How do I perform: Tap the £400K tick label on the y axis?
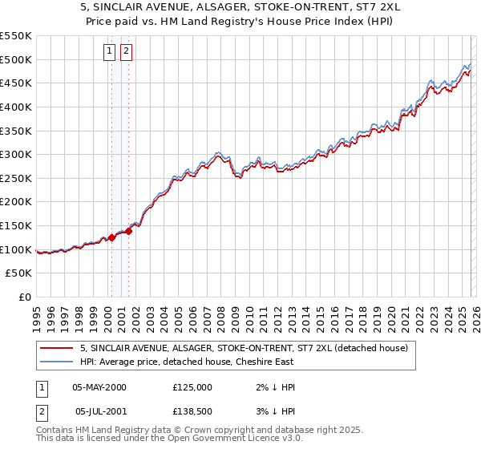tap(16, 107)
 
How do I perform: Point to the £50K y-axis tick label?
tap(19, 273)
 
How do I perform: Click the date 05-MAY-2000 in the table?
tap(99, 387)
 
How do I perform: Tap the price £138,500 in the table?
tap(192, 411)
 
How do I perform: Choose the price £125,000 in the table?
tap(192, 387)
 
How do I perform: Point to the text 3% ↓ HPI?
tap(276, 411)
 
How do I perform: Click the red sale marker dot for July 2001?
tap(128, 232)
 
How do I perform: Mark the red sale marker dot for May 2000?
tap(111, 237)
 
